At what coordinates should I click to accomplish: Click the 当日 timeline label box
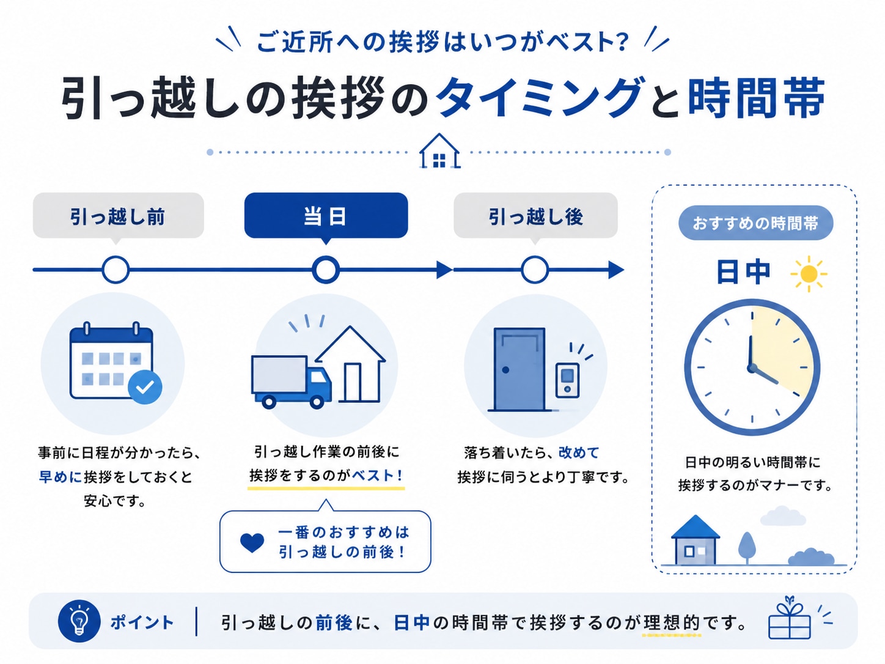326,215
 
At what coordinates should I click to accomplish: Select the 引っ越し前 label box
118,215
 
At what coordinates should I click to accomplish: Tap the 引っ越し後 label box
535,215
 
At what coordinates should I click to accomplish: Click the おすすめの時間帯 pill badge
755,223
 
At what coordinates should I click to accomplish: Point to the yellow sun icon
809,274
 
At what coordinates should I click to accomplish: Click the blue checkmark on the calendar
145,387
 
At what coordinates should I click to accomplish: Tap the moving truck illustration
291,382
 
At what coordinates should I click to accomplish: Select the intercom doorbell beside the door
567,380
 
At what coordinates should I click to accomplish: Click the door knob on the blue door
505,370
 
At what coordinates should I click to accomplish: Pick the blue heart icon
252,542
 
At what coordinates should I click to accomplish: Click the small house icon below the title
439,151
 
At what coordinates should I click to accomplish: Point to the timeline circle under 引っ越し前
116,270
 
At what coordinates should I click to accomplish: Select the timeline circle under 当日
326,270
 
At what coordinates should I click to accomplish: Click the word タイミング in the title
539,98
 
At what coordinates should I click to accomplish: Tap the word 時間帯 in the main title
757,98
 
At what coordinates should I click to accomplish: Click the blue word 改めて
579,452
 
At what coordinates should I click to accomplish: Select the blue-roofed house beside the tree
695,540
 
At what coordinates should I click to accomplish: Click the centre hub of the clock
752,367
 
